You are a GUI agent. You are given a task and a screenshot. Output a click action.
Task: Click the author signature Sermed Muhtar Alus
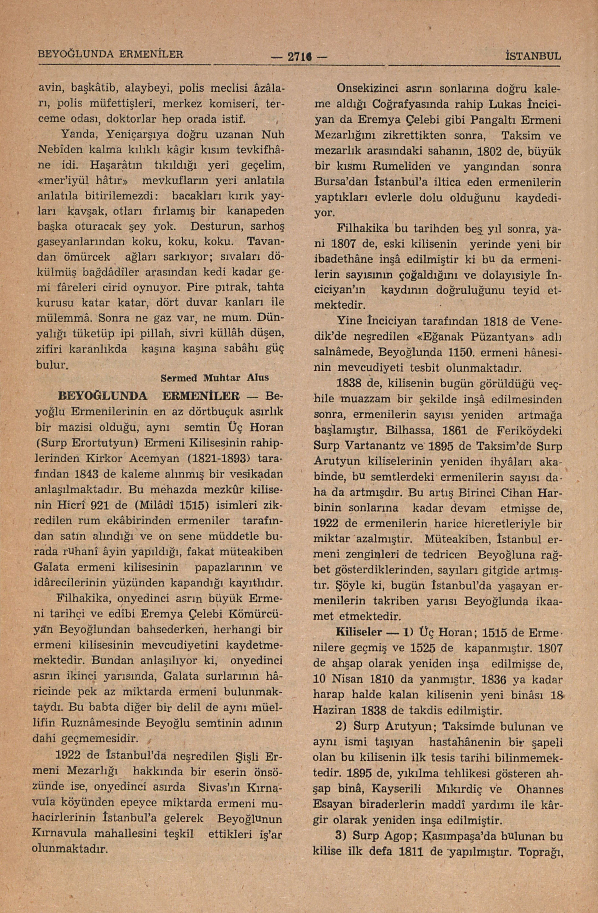point(215,378)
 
